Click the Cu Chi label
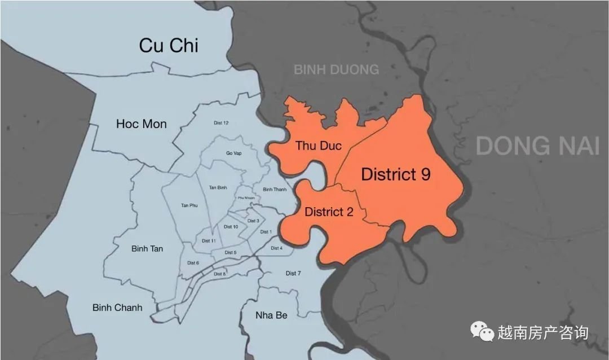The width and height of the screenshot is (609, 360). click(x=169, y=46)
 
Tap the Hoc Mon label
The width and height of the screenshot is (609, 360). click(x=142, y=124)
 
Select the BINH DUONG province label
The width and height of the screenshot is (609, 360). click(x=336, y=69)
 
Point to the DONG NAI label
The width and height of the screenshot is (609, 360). click(x=537, y=146)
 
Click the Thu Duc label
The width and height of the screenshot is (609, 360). click(x=319, y=146)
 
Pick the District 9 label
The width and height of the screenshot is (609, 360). click(x=396, y=174)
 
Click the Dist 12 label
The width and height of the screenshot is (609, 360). click(x=222, y=123)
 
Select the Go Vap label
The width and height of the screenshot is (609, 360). click(x=233, y=152)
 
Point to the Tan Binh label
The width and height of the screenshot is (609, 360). click(x=217, y=187)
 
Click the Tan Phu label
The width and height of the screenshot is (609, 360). click(x=189, y=205)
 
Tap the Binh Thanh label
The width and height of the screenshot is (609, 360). click(x=275, y=189)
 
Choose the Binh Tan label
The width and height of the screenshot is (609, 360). click(x=147, y=248)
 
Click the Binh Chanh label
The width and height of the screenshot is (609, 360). click(x=117, y=308)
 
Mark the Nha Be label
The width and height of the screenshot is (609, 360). click(x=271, y=315)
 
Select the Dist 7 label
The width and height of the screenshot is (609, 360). click(x=293, y=273)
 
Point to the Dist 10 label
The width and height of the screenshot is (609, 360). click(x=231, y=227)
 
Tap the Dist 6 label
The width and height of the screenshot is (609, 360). click(x=193, y=263)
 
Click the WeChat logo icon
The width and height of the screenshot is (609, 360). click(x=482, y=331)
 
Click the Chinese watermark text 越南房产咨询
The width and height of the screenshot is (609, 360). click(x=542, y=332)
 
